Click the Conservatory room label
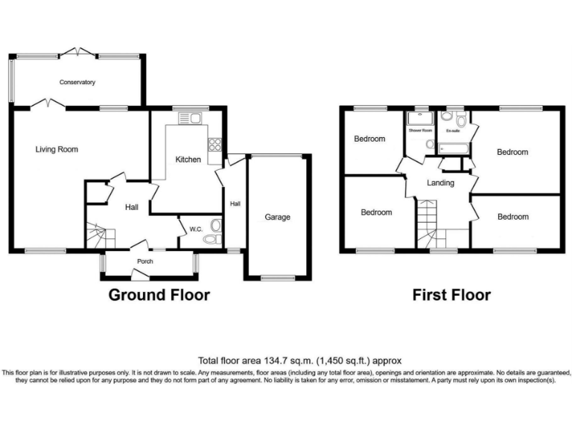click(x=77, y=82)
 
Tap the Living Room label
click(x=57, y=149)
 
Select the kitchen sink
click(x=190, y=118)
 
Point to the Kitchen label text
click(x=188, y=159)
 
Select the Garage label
click(x=277, y=217)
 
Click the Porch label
click(x=145, y=261)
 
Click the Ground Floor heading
click(x=159, y=295)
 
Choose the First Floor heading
click(x=452, y=295)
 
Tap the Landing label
click(x=440, y=182)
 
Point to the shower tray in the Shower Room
click(x=419, y=118)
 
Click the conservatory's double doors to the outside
click(x=77, y=51)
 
